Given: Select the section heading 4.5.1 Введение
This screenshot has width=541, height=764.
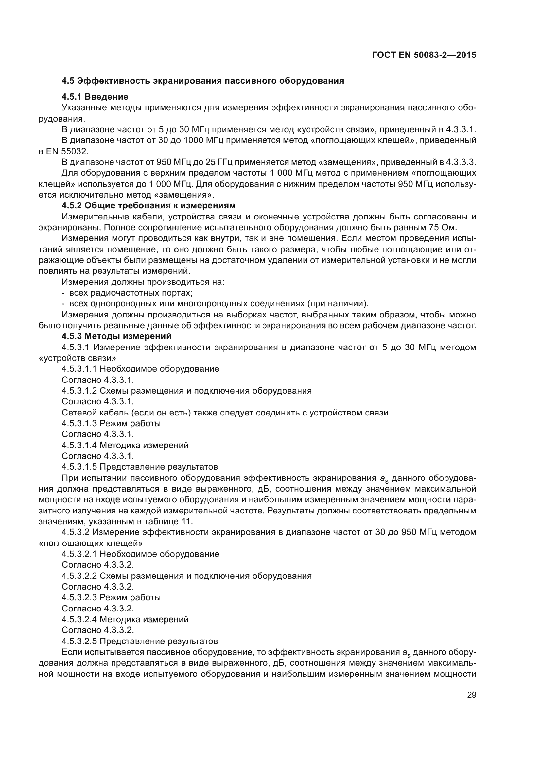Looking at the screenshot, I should click(x=95, y=97).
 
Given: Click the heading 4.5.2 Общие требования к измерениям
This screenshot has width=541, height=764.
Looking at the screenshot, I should click(x=148, y=205).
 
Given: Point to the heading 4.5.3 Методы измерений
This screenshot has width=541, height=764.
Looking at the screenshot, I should click(x=116, y=336).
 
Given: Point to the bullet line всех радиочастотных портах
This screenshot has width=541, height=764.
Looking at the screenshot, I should click(x=131, y=293).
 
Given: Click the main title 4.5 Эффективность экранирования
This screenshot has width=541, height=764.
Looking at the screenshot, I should click(x=203, y=81).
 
